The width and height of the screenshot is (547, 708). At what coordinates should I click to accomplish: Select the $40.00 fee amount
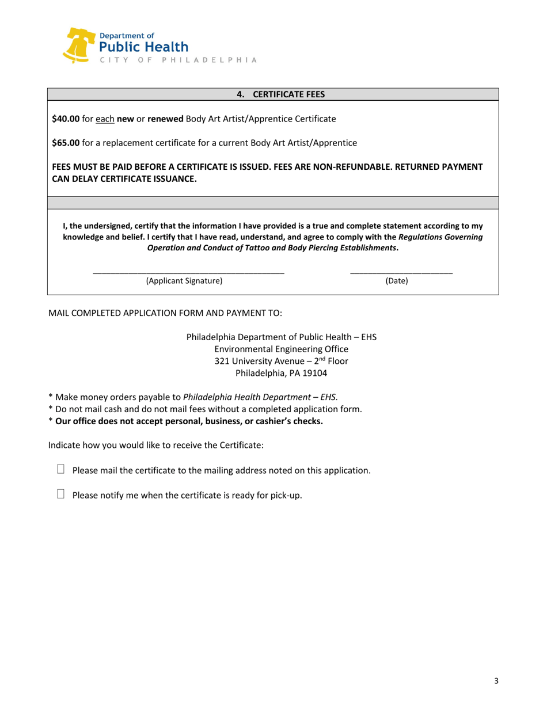(65, 119)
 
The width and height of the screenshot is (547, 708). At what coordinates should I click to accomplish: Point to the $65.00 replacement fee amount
(65, 142)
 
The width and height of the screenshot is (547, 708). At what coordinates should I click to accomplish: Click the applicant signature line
(188, 272)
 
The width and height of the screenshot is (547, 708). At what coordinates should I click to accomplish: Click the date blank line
(401, 272)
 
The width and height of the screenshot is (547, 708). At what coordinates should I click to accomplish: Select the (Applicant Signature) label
(184, 281)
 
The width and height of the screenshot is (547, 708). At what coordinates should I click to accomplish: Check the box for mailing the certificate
(62, 470)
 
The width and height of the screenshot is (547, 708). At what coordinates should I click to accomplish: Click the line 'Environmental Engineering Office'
(281, 349)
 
